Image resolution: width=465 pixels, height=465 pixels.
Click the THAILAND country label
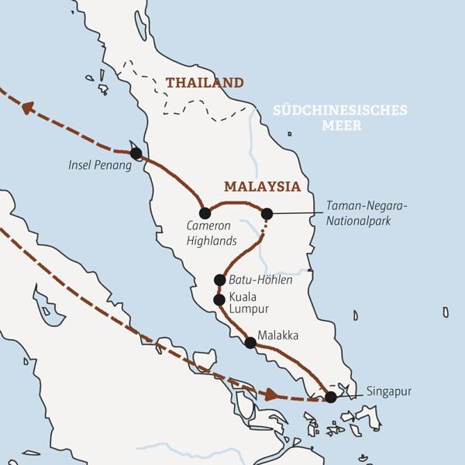tap(204, 83)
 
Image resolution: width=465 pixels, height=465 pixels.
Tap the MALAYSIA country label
tap(261, 187)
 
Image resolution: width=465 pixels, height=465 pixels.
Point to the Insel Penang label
tap(100, 165)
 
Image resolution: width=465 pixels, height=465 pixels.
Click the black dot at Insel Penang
tap(136, 153)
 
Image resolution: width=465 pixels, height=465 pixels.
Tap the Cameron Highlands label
tap(211, 233)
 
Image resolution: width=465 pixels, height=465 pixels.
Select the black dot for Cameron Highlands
tap(205, 213)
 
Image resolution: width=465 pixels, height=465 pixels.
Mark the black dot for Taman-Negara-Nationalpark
tap(267, 213)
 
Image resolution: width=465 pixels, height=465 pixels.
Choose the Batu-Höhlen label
tap(260, 280)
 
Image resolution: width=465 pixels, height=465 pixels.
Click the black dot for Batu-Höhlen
tap(219, 280)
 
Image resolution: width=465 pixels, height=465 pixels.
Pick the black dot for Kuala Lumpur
tap(219, 299)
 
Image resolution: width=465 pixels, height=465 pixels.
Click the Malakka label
tap(278, 336)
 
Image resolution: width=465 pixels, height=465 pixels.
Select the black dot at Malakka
tap(250, 343)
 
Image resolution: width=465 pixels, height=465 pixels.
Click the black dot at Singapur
tap(331, 397)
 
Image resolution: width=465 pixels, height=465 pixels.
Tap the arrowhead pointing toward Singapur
tap(269, 394)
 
